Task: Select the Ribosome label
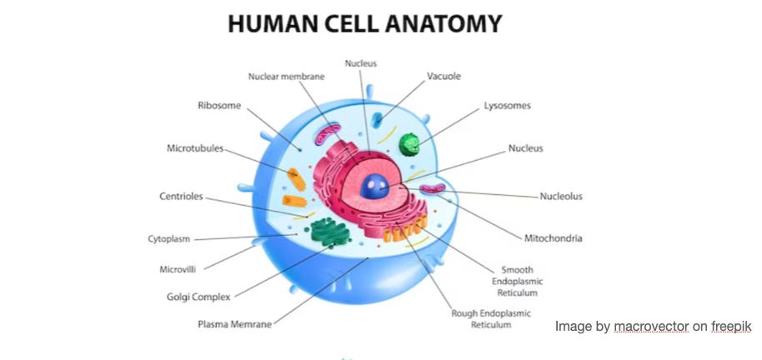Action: tap(219, 106)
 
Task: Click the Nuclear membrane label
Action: tap(286, 77)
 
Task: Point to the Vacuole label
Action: tap(444, 77)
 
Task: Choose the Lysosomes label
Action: tap(507, 106)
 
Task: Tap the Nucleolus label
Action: tap(560, 197)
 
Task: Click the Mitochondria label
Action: tap(553, 238)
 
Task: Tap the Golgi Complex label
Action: tap(198, 296)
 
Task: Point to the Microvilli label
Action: tap(178, 269)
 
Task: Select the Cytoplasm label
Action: tap(168, 239)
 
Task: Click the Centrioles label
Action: tap(180, 197)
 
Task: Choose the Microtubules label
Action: tap(195, 148)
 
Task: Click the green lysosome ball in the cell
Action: tap(409, 144)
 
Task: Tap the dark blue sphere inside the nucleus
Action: tap(374, 186)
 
